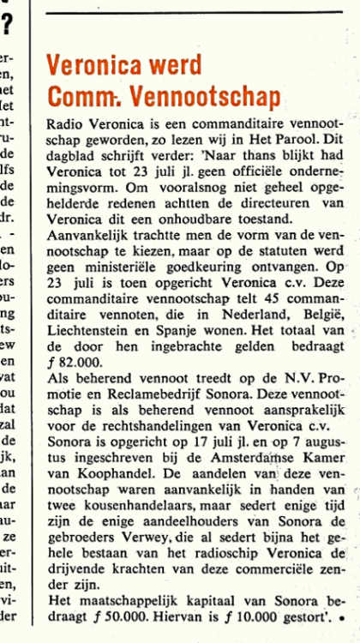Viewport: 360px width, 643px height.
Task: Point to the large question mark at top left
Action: [x=7, y=23]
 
